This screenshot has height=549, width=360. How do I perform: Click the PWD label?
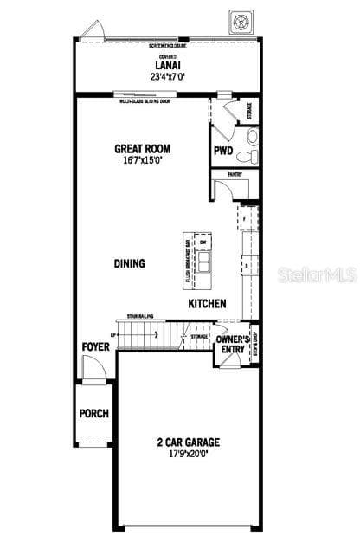pyautogui.click(x=222, y=150)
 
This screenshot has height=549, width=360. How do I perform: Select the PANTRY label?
pyautogui.click(x=235, y=174)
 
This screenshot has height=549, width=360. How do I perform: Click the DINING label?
pyautogui.click(x=129, y=263)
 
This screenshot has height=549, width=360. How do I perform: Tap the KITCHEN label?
pyautogui.click(x=208, y=304)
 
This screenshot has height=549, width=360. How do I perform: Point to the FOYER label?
pyautogui.click(x=95, y=346)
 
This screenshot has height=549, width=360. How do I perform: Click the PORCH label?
pyautogui.click(x=94, y=413)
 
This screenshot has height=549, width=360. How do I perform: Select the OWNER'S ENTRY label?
pyautogui.click(x=232, y=344)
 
